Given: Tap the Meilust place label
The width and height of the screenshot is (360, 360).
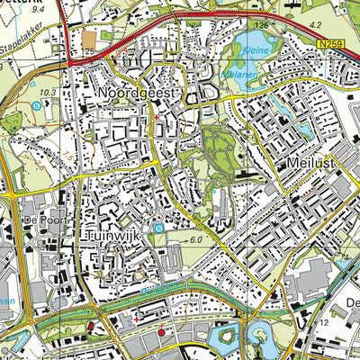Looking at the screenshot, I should (x=310, y=163).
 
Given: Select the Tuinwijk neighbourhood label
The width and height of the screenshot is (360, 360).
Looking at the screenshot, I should (x=118, y=235).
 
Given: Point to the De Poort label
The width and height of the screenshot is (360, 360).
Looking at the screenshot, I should (x=17, y=219).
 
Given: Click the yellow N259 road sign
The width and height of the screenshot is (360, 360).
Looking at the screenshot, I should (x=329, y=42).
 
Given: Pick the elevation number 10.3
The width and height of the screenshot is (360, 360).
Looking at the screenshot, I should (x=49, y=93).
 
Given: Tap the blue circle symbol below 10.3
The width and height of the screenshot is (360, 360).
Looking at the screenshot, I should (x=36, y=105).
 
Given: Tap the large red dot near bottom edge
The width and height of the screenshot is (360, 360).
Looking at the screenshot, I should (x=161, y=332).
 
